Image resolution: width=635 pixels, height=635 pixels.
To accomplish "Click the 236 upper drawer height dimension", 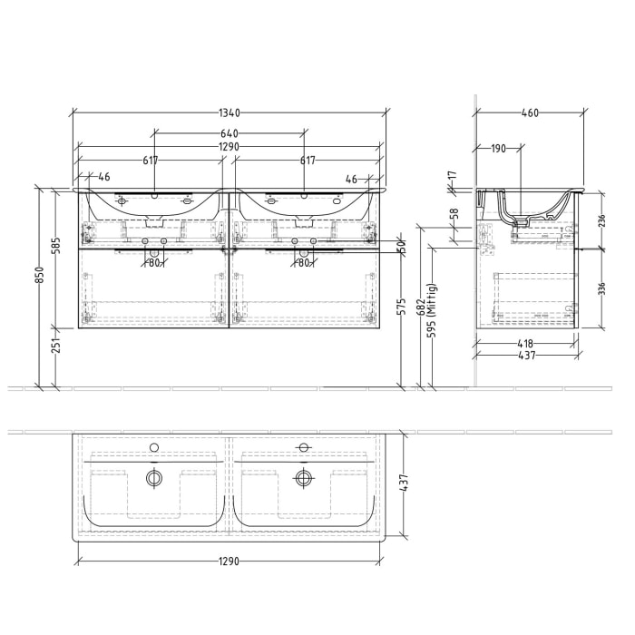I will pos(601,219).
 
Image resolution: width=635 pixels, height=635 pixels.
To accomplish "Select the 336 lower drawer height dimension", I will pos(601,289).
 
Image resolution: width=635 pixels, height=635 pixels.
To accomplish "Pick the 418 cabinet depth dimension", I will pos(526,344).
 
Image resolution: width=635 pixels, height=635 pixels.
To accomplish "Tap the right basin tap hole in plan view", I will pos(304,447).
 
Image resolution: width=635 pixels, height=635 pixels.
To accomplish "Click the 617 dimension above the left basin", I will pos(151,161).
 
